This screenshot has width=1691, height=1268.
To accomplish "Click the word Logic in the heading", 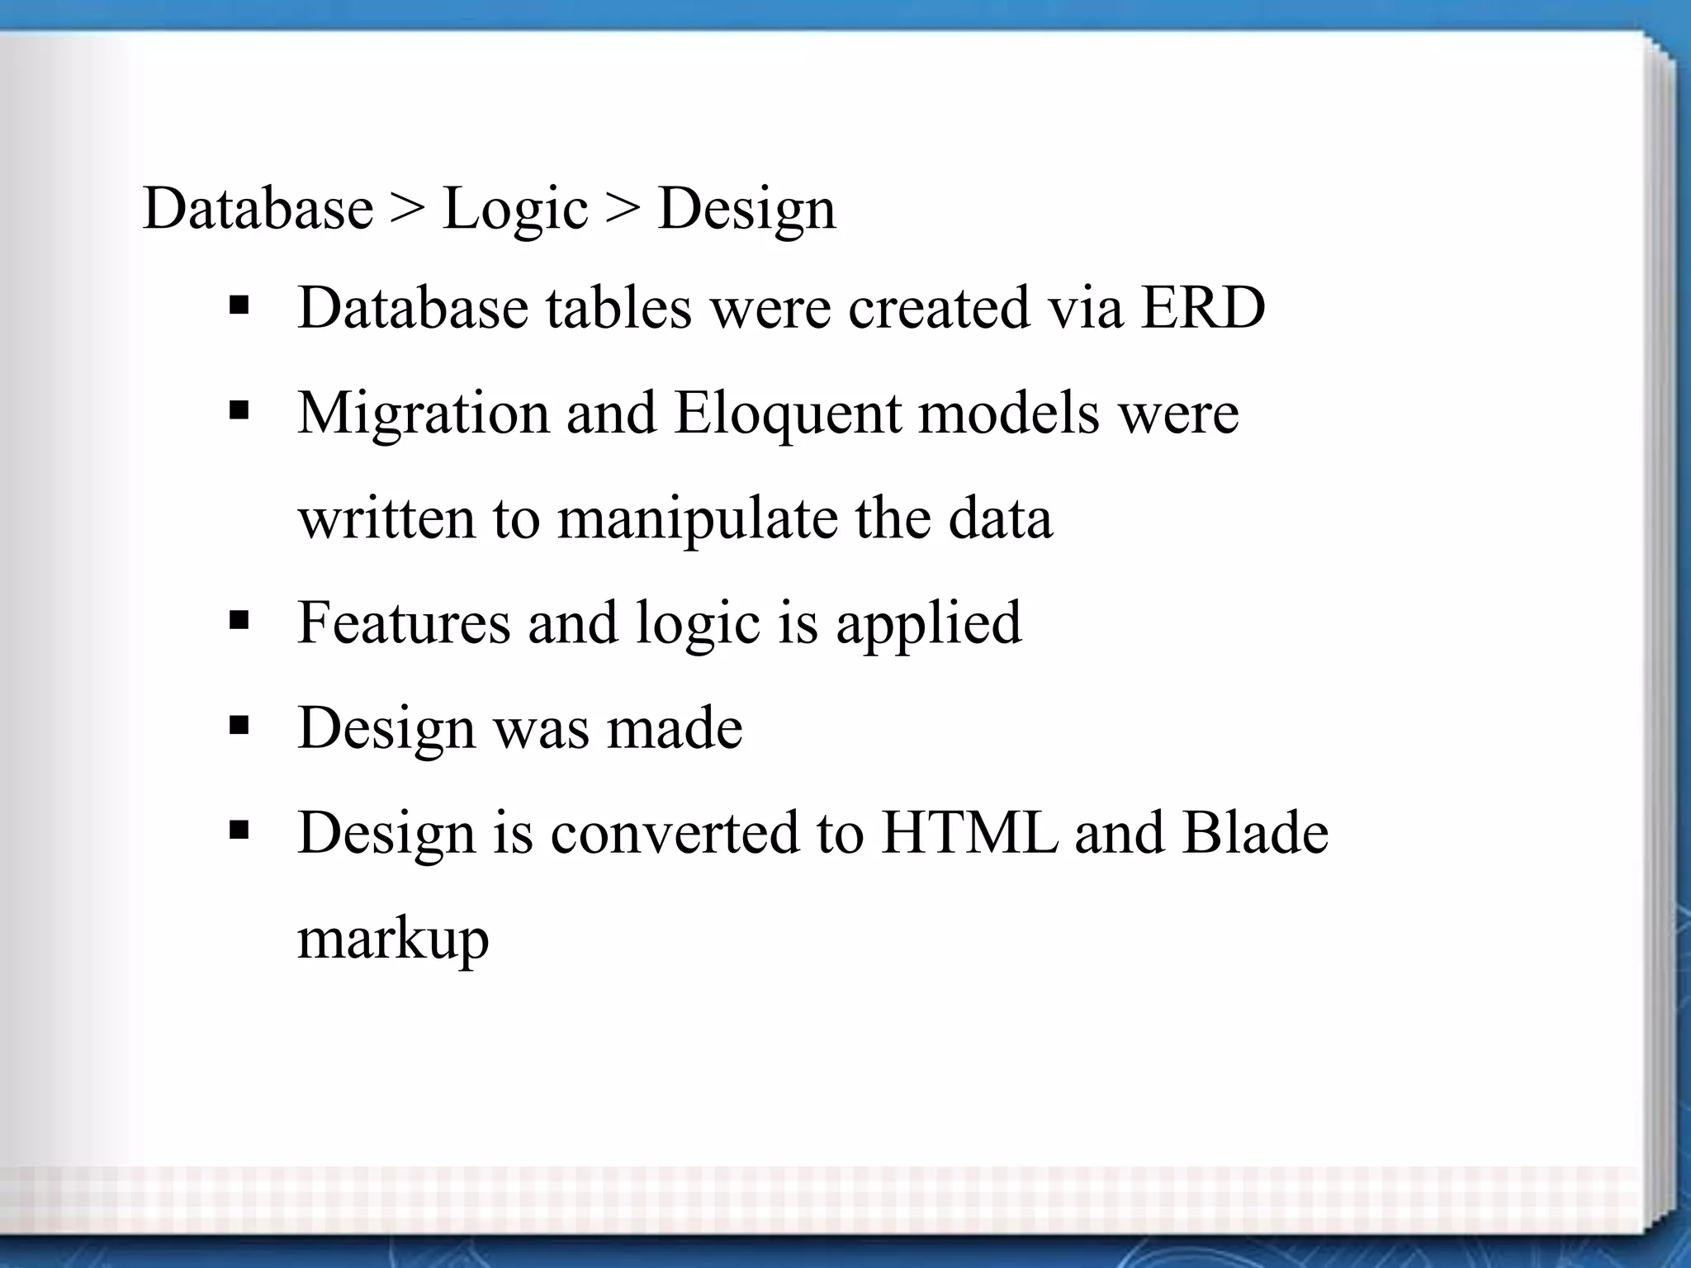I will (515, 210).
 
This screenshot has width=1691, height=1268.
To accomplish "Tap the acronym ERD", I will (1203, 308).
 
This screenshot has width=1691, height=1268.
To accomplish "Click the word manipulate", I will (697, 519).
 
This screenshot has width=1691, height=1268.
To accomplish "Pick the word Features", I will (404, 622).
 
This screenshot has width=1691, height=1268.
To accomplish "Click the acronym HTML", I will (969, 832).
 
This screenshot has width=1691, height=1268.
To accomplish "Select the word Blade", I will (1255, 832).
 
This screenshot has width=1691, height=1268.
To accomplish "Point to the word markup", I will (393, 939).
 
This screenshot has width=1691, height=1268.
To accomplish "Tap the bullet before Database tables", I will (239, 308).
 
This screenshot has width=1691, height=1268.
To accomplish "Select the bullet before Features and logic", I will (239, 622).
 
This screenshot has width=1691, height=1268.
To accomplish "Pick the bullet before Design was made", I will (239, 726).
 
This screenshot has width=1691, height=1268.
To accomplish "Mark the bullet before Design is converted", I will (239, 831).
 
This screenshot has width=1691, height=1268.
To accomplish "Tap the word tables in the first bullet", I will (618, 308).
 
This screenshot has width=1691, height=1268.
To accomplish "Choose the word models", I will (1009, 413).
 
